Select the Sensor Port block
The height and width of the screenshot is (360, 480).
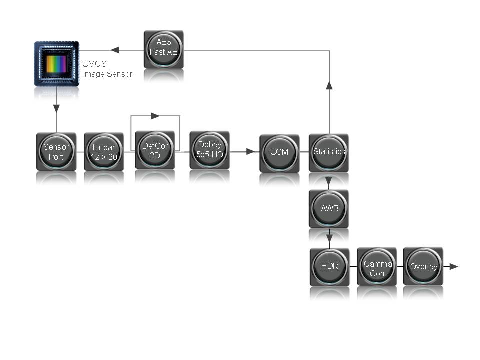pos(56,152)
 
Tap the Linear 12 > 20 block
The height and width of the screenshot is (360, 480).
pos(104,152)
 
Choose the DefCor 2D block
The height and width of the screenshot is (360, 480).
pos(155,150)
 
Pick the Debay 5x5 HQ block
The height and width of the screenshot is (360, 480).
pos(209,150)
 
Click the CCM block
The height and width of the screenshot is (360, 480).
pos(279,152)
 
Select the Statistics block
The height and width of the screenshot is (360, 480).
pos(329,152)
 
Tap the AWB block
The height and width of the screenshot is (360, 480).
pos(329,208)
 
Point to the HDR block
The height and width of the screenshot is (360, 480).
pos(329,266)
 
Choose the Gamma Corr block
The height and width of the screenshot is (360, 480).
pos(377,266)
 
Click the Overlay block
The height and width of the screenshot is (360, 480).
pos(423,266)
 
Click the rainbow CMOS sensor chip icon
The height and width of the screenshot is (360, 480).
pos(56,64)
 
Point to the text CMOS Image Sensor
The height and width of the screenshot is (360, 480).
pos(107,69)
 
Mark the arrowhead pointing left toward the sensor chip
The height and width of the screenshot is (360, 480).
pos(114,50)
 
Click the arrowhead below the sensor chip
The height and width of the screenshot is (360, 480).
pos(56,108)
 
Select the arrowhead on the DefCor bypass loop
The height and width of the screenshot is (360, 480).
pos(155,116)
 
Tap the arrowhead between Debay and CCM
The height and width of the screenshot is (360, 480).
pos(250,151)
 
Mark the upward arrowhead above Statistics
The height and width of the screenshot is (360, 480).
pos(329,85)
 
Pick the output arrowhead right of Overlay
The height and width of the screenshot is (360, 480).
pos(454,266)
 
